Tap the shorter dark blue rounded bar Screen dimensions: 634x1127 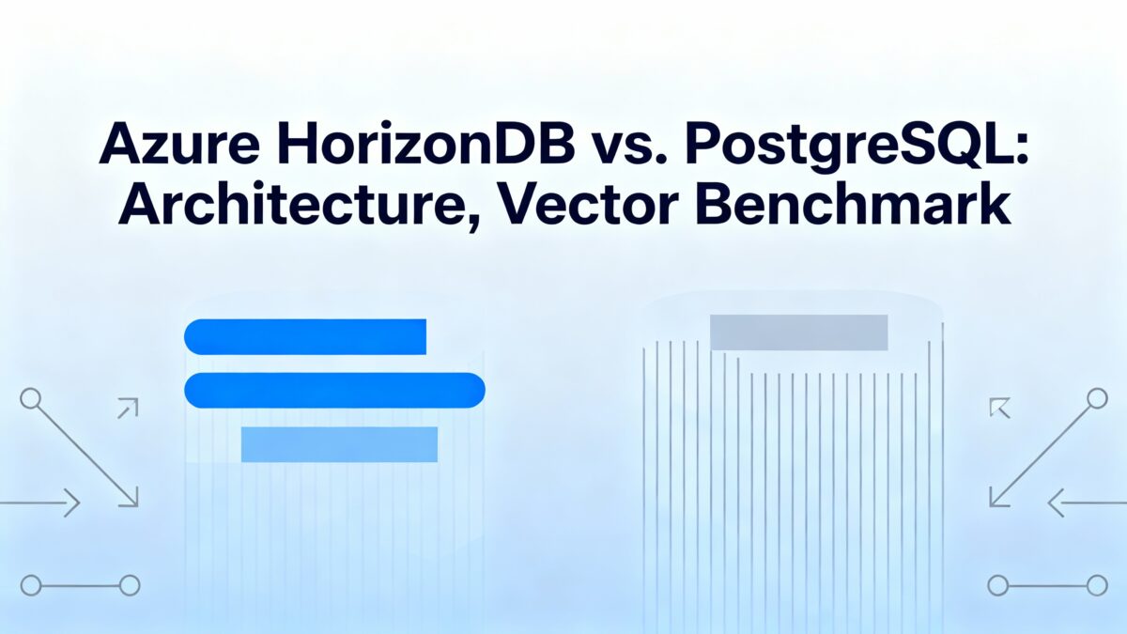pyautogui.click(x=305, y=337)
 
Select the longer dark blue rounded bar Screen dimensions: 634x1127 pyautogui.click(x=334, y=390)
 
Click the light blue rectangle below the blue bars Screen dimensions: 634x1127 pyautogui.click(x=339, y=444)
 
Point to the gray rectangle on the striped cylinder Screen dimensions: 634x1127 pyautogui.click(x=798, y=332)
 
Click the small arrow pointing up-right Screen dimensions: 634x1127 pyautogui.click(x=128, y=407)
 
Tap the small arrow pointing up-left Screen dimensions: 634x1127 pyautogui.click(x=998, y=407)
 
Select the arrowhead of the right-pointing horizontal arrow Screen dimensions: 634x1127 pyautogui.click(x=72, y=504)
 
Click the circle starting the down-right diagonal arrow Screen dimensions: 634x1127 pyautogui.click(x=30, y=398)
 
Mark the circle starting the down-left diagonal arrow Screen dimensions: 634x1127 pyautogui.click(x=1096, y=398)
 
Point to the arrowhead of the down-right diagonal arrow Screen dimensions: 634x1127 pyautogui.click(x=131, y=499)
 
